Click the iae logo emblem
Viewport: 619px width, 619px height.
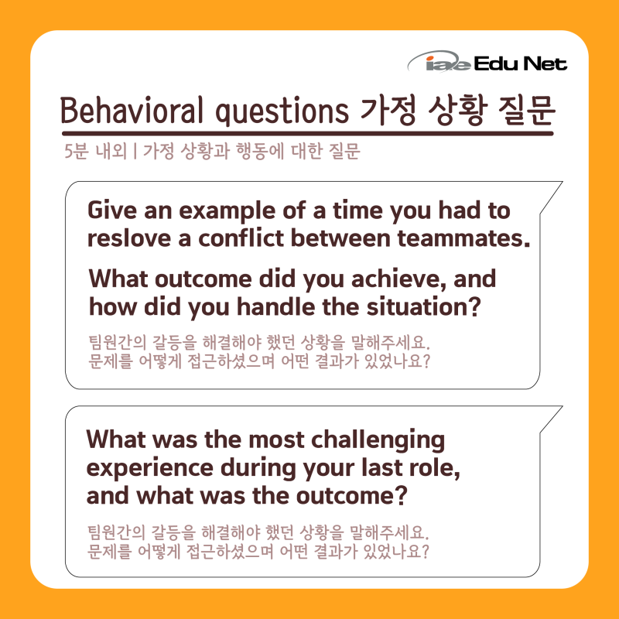(x=439, y=62)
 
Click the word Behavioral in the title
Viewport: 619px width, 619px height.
(x=132, y=110)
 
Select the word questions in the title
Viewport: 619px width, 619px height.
(x=282, y=111)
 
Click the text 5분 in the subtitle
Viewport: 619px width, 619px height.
(x=76, y=151)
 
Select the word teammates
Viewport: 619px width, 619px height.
(x=463, y=238)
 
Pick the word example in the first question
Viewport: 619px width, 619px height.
(x=227, y=210)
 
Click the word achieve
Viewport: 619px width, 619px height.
(x=398, y=279)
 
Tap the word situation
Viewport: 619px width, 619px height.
(x=423, y=306)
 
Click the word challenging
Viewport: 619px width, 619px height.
(x=378, y=440)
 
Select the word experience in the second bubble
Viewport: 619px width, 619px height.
(x=149, y=469)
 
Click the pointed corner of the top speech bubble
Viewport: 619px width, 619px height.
(x=563, y=182)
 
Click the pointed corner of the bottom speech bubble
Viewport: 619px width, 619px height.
(x=563, y=406)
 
